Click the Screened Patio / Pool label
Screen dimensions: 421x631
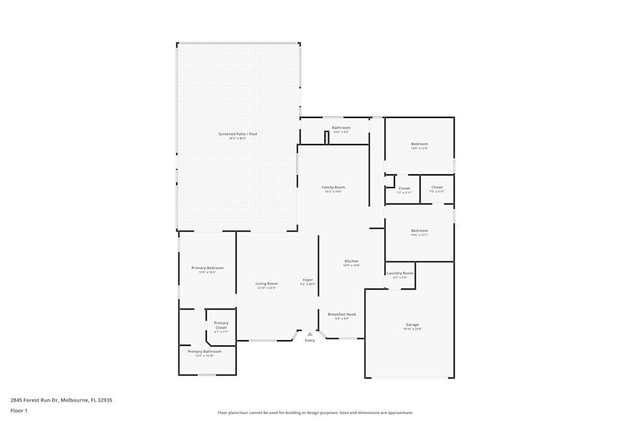click(238, 134)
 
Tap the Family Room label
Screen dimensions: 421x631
click(333, 187)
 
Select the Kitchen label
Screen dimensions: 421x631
click(351, 261)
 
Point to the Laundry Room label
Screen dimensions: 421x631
click(400, 273)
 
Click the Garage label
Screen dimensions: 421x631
click(412, 325)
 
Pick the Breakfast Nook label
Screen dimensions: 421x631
click(341, 314)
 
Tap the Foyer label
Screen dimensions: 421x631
click(308, 280)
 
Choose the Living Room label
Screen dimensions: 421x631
click(266, 283)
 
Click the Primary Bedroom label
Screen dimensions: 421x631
click(208, 268)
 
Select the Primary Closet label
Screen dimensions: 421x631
click(221, 325)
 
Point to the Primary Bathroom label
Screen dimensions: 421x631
click(204, 352)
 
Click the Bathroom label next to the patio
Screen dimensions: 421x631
click(341, 127)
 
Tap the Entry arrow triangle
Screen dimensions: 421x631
click(310, 334)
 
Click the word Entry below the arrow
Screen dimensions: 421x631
click(310, 341)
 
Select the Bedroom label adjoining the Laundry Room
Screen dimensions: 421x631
click(420, 231)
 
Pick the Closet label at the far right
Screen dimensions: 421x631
click(437, 187)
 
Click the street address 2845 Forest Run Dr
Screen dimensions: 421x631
click(61, 400)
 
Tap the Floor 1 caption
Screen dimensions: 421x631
click(19, 410)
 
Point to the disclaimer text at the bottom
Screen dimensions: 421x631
click(315, 413)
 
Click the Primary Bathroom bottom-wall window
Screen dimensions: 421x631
click(207, 375)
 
